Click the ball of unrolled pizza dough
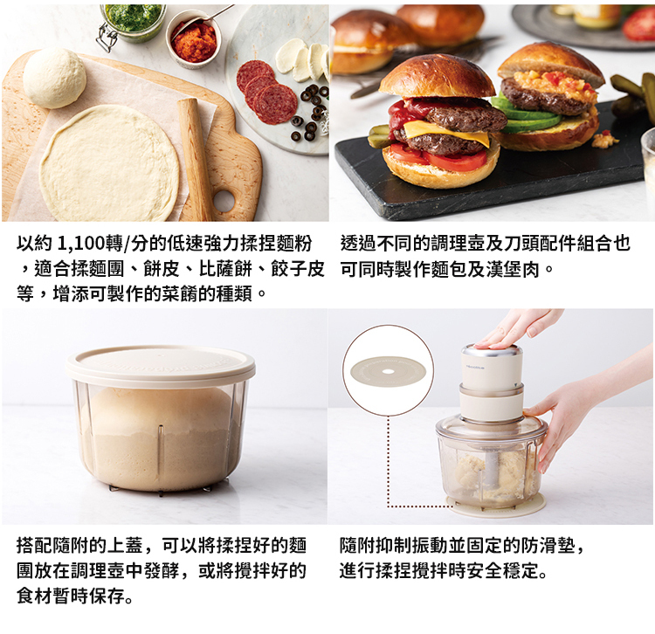click(54, 79)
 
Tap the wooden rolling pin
click(195, 159)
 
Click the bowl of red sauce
click(193, 38)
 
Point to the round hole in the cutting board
click(224, 202)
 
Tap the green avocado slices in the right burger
click(527, 116)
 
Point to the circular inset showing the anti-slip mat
click(388, 370)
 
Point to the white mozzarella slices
click(302, 59)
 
